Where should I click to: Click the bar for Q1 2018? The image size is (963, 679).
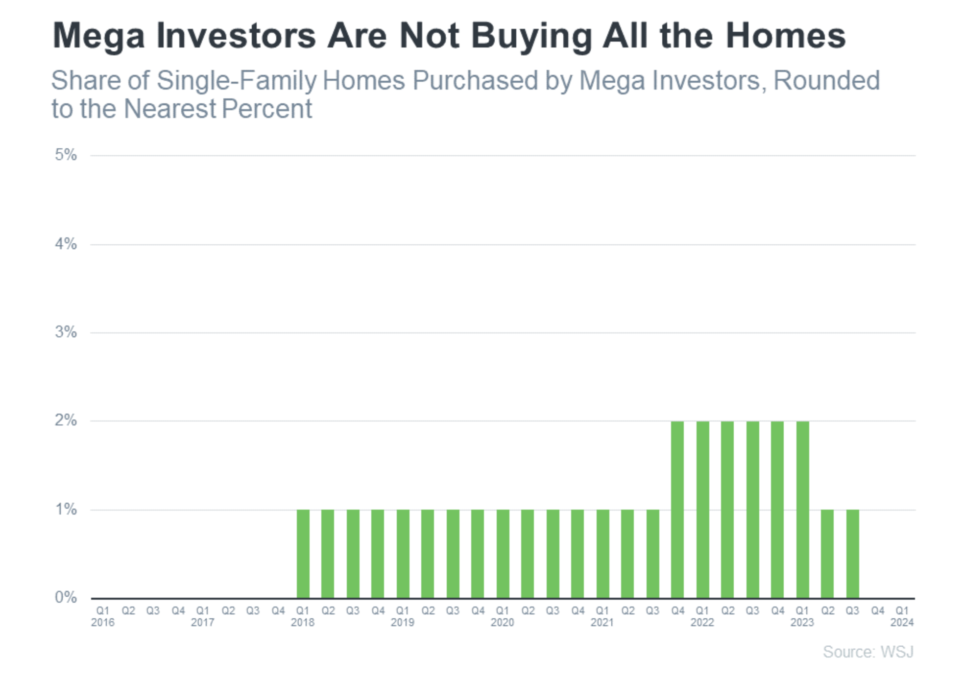point(303,554)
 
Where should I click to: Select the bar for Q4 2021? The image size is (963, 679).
point(677,510)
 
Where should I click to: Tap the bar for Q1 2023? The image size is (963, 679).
point(802,510)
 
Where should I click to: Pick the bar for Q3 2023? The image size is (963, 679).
point(852,554)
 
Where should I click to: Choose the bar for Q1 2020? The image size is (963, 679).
point(503,554)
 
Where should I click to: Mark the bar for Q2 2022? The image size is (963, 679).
point(727,510)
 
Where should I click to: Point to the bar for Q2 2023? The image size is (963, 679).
point(827,554)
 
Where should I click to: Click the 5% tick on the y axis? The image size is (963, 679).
point(66,155)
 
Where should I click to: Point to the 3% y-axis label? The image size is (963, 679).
point(66,332)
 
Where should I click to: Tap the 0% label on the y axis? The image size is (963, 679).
point(66,597)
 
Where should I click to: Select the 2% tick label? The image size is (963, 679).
point(66,421)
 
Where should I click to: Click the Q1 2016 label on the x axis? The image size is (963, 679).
point(103,616)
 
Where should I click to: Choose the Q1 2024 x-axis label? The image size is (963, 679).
point(902,616)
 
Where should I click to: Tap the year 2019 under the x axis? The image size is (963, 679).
point(403,622)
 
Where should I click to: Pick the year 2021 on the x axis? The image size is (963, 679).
point(602,622)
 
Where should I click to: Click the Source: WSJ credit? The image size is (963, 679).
point(868,652)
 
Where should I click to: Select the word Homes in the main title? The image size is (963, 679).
point(786,36)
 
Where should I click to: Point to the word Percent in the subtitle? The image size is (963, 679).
point(266,109)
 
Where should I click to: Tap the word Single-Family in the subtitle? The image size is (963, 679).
point(237,81)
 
